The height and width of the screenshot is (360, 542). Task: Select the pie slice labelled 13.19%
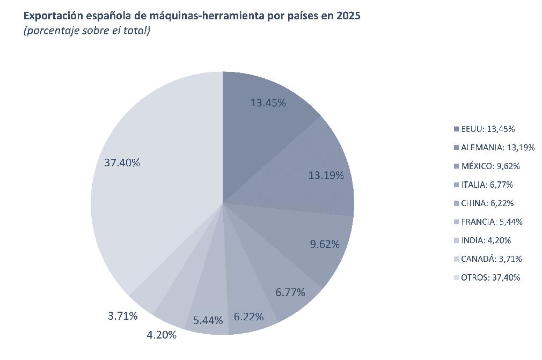[311, 173]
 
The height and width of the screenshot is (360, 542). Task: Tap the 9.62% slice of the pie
[311, 238]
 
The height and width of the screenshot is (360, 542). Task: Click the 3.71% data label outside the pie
[123, 316]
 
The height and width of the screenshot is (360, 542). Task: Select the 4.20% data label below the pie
[162, 335]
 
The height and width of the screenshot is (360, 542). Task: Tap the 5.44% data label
[208, 321]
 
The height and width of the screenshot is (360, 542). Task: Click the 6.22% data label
[248, 317]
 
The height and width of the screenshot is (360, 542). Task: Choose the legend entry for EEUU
[484, 129]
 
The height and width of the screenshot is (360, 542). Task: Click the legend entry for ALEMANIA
[494, 148]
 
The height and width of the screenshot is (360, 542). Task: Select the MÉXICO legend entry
[487, 166]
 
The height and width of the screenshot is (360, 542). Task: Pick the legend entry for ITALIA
[483, 185]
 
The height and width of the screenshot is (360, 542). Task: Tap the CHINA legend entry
[484, 203]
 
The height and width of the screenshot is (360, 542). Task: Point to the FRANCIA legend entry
[488, 222]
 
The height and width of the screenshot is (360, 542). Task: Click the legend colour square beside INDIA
[456, 240]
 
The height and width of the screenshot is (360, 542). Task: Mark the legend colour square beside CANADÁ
[456, 259]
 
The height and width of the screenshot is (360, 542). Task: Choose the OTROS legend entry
[487, 277]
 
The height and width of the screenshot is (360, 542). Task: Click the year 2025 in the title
[348, 16]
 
